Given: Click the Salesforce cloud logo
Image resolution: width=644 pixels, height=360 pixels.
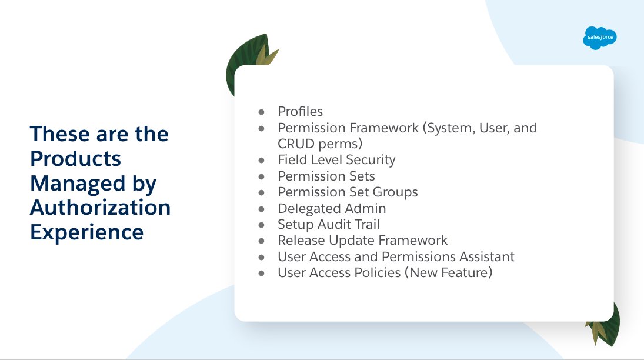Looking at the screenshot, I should pyautogui.click(x=600, y=38).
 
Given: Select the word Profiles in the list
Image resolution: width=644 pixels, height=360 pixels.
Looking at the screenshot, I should pyautogui.click(x=300, y=111).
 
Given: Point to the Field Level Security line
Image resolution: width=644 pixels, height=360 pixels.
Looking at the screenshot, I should pyautogui.click(x=336, y=160).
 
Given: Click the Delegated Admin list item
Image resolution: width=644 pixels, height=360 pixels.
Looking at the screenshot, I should pyautogui.click(x=332, y=208).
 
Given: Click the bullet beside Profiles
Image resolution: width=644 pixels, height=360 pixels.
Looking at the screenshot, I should pyautogui.click(x=262, y=112).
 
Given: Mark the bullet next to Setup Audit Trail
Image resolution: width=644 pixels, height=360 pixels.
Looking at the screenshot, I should pyautogui.click(x=262, y=225).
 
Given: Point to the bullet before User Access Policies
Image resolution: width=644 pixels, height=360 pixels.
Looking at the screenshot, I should pyautogui.click(x=262, y=274).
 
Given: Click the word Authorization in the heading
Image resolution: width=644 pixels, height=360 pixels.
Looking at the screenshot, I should pyautogui.click(x=101, y=207).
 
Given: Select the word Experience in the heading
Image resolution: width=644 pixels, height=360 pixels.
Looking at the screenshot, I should pyautogui.click(x=87, y=232).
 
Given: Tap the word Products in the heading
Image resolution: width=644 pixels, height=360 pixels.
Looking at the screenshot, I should pyautogui.click(x=75, y=159).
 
